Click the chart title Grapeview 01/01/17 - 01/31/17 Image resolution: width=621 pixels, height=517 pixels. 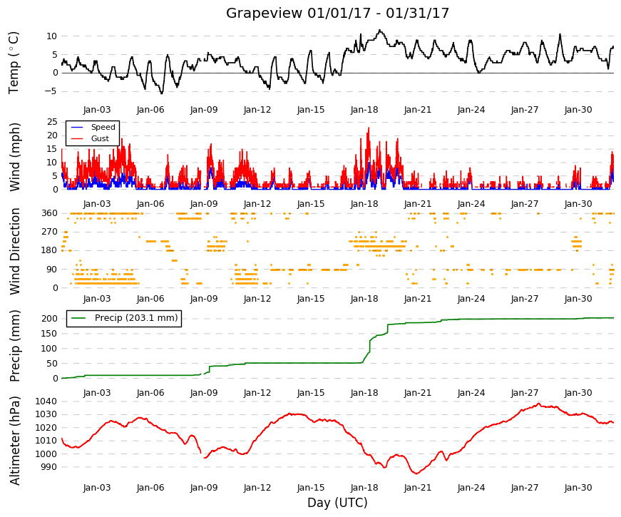point(337,13)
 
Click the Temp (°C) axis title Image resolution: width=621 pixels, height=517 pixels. point(14,63)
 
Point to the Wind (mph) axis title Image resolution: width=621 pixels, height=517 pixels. point(15,158)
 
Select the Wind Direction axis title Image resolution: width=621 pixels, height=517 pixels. point(15,252)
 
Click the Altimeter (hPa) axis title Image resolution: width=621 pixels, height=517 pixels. point(15,441)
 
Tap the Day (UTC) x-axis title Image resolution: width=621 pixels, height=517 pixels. point(337,503)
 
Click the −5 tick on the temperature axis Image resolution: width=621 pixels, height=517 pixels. point(52,91)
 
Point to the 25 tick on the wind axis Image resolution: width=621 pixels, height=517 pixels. point(53,122)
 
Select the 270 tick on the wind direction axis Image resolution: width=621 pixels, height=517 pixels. point(50,232)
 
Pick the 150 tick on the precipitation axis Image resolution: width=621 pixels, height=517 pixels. point(50,334)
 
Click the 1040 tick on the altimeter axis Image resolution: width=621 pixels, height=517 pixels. point(46,401)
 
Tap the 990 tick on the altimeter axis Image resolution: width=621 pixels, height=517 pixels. point(48,467)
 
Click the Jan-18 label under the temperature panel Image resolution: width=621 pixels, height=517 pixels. point(364,110)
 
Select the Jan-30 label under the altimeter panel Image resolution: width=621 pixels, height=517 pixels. point(578,488)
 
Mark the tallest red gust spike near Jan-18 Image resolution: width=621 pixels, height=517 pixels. point(369,128)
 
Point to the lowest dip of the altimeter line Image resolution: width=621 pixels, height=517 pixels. point(416,474)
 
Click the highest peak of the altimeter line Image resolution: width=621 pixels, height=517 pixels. point(538,404)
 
